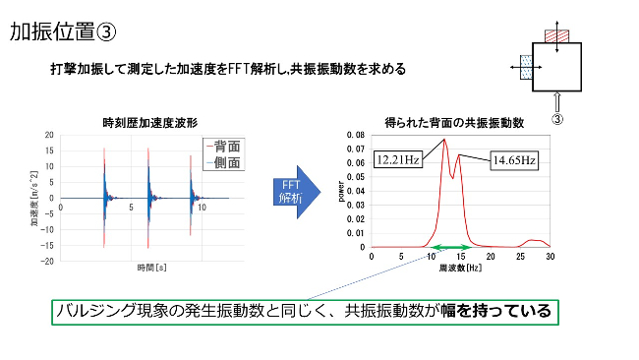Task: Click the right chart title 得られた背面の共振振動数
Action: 453,122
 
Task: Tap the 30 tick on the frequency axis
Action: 550,256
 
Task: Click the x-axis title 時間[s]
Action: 149,268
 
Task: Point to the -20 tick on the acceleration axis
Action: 47,262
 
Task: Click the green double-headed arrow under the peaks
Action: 448,247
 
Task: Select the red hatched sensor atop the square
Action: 557,35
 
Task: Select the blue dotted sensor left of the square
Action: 527,68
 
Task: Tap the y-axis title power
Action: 343,191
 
